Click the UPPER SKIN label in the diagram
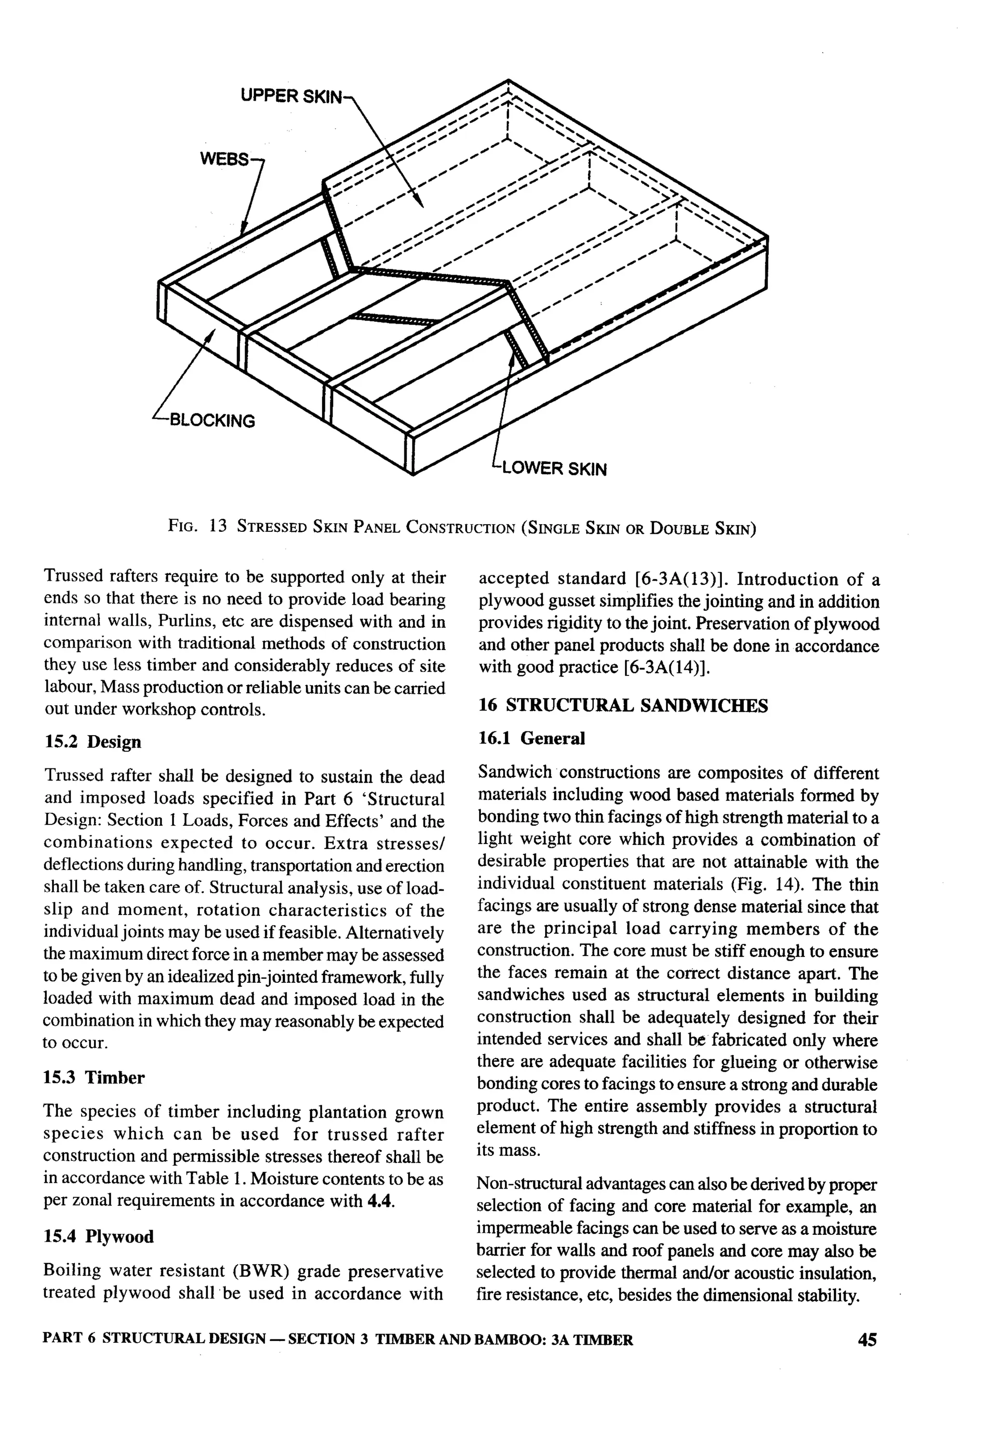pyautogui.click(x=290, y=96)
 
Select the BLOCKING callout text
pyautogui.click(x=212, y=421)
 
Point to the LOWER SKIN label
pyautogui.click(x=554, y=469)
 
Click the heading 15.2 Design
pyautogui.click(x=93, y=741)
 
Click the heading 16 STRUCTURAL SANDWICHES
pyautogui.click(x=623, y=706)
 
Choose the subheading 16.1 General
pyautogui.click(x=531, y=738)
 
